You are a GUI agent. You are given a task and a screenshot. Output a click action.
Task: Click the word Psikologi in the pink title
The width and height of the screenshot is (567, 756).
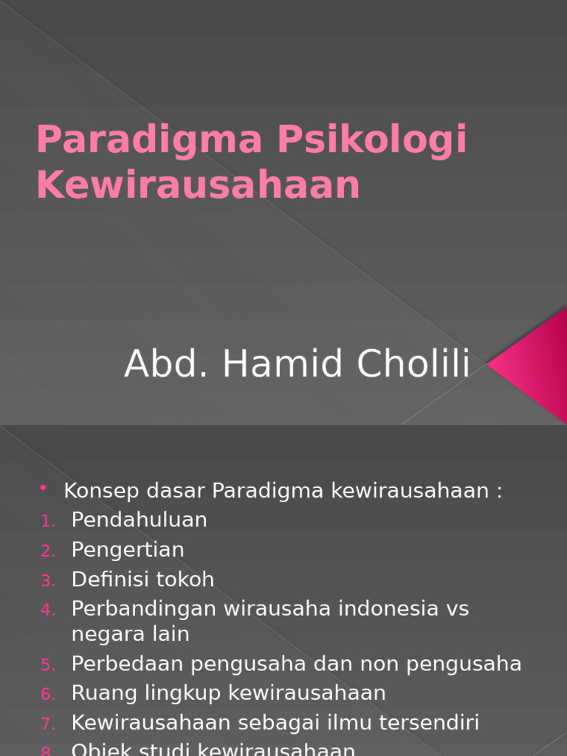371,141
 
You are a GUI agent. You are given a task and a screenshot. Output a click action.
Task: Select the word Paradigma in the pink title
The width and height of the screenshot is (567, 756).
151,141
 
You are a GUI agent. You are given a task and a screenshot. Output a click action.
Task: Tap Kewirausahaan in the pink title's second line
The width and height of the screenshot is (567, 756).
198,185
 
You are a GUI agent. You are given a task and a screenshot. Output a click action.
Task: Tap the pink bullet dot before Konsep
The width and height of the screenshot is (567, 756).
44,488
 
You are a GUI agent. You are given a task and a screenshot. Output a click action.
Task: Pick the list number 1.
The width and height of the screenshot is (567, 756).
48,521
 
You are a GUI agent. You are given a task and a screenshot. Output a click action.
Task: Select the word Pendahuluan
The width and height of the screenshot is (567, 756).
139,520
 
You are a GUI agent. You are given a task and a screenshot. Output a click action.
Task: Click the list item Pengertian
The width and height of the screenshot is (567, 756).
128,550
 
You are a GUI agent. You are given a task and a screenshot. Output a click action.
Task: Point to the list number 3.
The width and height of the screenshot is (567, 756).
48,581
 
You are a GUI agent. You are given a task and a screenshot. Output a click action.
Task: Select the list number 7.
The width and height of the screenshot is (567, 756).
48,724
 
